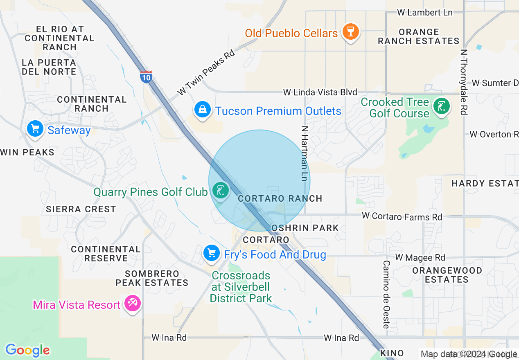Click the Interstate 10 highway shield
pos(146,76)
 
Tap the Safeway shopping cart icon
pos(35,129)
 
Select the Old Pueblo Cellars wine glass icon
pos(350,32)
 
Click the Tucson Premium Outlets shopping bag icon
pos(203,110)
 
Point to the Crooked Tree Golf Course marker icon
pos(441,107)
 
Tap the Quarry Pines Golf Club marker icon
pos(221,190)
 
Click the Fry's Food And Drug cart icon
pos(212,253)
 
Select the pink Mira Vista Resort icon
pos(133,304)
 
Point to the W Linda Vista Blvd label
pos(320,92)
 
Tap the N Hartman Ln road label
pos(304,153)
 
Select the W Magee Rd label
pos(420,258)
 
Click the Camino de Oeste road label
pos(386,295)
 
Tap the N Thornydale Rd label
pos(464,82)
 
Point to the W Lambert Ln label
pos(425,12)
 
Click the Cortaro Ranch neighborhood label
pos(280,198)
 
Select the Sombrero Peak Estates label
pos(152,278)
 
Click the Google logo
pos(27,350)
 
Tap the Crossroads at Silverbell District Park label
pos(241,287)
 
